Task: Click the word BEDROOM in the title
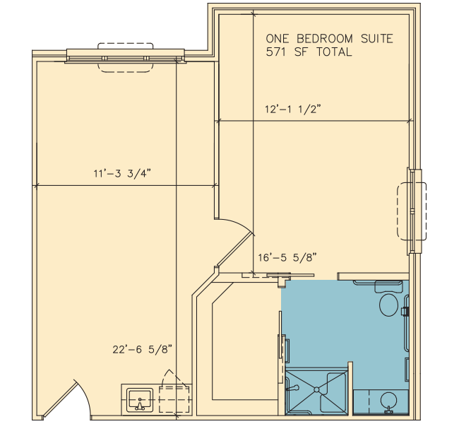click(x=325, y=39)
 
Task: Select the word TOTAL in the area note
click(x=334, y=52)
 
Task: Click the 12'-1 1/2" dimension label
click(x=293, y=110)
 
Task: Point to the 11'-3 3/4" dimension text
click(x=122, y=173)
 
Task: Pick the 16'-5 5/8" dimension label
click(x=287, y=257)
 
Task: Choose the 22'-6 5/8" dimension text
click(x=142, y=349)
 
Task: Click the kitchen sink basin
click(x=140, y=400)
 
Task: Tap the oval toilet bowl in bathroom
click(x=388, y=305)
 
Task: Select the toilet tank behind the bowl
click(x=388, y=287)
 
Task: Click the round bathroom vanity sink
click(x=388, y=399)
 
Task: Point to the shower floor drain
click(x=316, y=389)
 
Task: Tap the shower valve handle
click(x=292, y=388)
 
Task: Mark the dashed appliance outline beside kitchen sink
click(x=174, y=399)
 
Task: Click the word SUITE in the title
click(x=377, y=39)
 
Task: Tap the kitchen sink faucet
click(x=140, y=405)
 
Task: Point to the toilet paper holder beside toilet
click(x=405, y=311)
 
